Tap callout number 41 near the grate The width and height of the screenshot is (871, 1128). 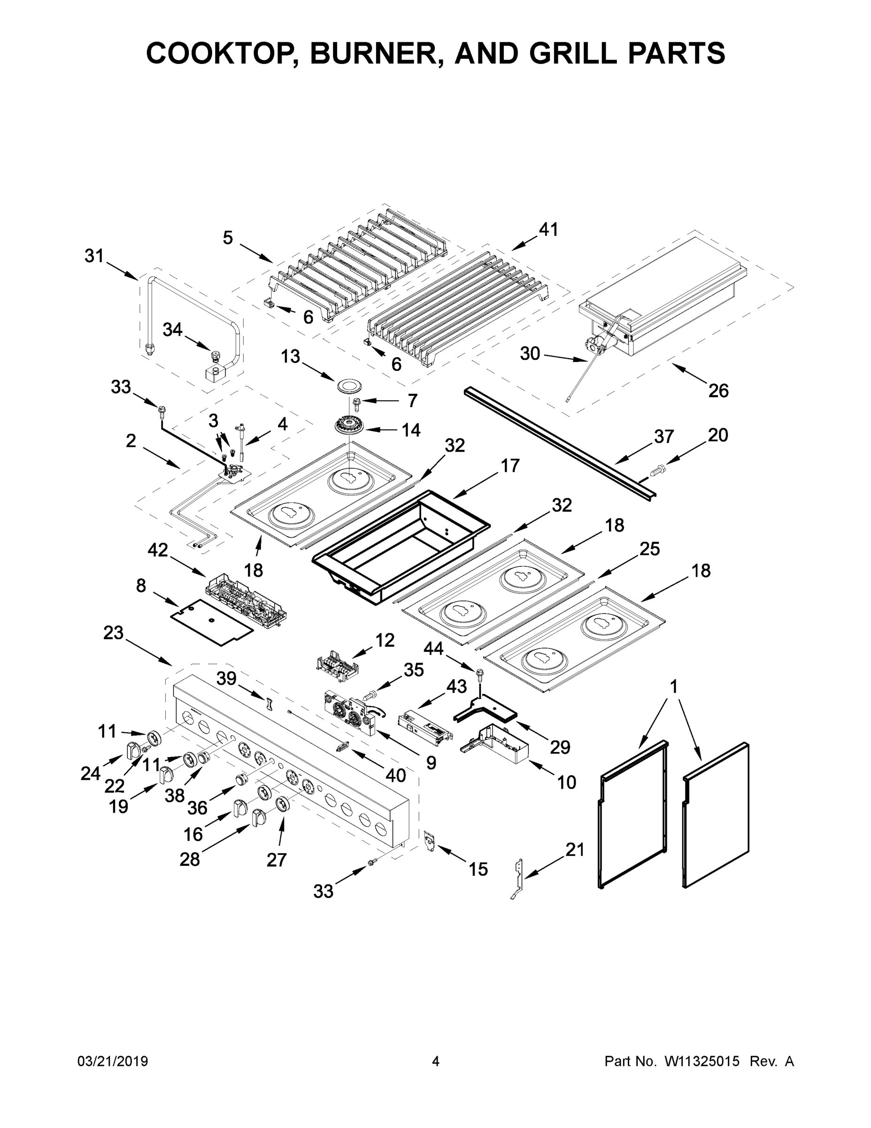[548, 229]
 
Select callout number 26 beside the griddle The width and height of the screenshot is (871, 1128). [718, 391]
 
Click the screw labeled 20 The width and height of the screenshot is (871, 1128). [657, 470]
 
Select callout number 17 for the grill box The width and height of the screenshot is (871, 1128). [510, 466]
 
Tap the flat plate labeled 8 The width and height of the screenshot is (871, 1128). [212, 621]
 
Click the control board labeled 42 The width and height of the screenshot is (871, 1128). [246, 597]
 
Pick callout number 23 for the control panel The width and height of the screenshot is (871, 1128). [113, 632]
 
